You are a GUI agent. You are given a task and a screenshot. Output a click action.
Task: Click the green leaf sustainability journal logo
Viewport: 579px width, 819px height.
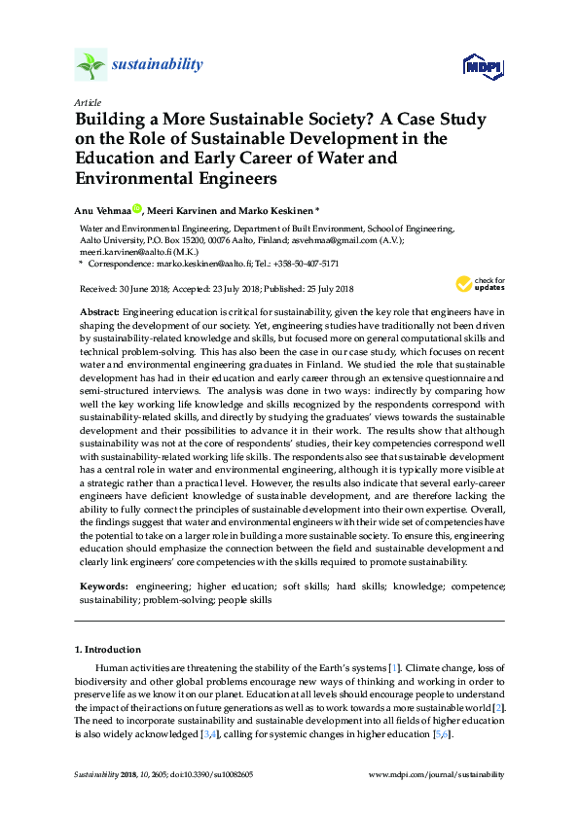(x=90, y=65)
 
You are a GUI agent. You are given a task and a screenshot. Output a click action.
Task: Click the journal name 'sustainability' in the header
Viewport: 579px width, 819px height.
(x=158, y=65)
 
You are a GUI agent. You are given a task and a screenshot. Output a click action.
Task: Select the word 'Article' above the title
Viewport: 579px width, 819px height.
(x=87, y=101)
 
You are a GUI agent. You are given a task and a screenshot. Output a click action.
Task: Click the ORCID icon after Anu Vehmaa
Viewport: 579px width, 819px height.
(x=137, y=208)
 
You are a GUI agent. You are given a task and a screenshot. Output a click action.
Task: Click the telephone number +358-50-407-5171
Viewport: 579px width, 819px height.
(x=307, y=264)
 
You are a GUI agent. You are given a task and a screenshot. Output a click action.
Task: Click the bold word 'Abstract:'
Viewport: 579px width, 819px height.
(x=98, y=308)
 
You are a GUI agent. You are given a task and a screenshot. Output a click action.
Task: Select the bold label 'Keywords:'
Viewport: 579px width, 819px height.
(x=103, y=588)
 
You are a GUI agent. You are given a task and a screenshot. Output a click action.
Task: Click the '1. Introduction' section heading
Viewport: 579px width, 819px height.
(x=108, y=649)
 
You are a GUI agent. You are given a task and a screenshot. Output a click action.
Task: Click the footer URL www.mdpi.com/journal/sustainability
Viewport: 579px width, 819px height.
(x=438, y=774)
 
